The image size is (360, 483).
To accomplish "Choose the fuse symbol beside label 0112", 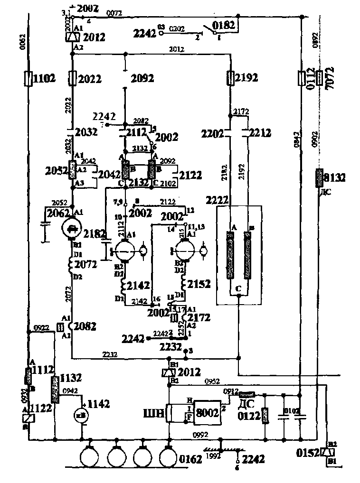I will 301,78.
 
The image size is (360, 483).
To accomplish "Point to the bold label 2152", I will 199,284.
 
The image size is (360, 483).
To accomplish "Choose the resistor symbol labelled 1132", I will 55,389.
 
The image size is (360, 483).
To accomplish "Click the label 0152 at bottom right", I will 310,453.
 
